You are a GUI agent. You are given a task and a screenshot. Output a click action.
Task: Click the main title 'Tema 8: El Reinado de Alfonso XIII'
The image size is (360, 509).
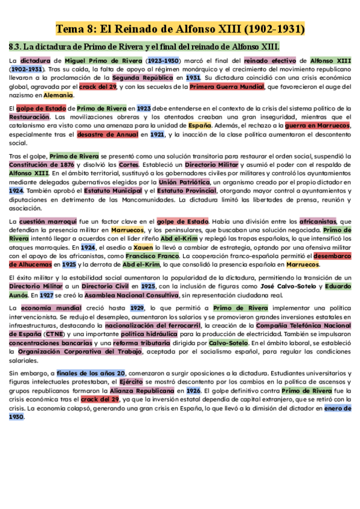180,28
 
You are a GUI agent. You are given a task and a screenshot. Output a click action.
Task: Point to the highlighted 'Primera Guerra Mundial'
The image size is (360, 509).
227,86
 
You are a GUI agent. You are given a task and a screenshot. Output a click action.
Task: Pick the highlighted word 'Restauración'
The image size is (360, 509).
30,117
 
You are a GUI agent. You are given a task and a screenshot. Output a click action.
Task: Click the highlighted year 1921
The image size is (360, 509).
157,134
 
